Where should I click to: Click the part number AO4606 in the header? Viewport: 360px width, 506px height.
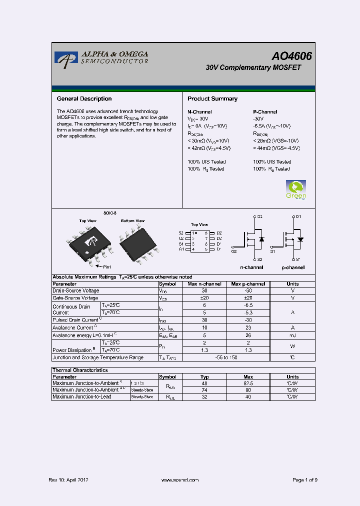tap(291, 56)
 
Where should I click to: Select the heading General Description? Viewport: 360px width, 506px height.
tap(84, 99)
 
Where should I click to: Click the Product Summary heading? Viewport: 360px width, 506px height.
tap(212, 99)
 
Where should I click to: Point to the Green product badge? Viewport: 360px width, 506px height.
tap(295, 189)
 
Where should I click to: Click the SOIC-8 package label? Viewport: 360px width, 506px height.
tap(110, 212)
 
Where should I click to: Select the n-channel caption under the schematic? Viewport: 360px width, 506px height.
tap(252, 267)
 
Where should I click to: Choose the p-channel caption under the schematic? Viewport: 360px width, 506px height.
tap(292, 267)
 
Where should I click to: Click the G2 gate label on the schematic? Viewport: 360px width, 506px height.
tap(234, 251)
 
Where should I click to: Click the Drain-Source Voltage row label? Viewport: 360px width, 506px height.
tap(76, 290)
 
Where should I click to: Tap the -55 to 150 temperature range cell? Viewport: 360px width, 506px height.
tap(226, 357)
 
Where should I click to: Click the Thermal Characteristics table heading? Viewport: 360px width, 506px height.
tap(80, 370)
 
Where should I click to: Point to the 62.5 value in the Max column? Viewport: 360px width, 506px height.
tap(248, 383)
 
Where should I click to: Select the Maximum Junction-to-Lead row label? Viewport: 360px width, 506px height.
tap(82, 396)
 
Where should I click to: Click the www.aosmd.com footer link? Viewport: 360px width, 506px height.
tap(180, 480)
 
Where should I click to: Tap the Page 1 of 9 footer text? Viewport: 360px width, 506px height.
tap(304, 480)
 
